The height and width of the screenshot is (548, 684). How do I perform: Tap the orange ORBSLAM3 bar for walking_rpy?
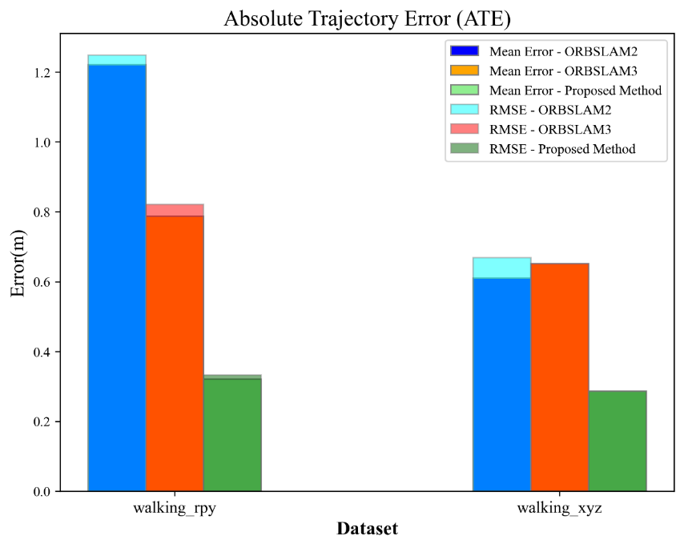pyautogui.click(x=175, y=353)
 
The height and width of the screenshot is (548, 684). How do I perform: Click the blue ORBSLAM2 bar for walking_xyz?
pyautogui.click(x=501, y=385)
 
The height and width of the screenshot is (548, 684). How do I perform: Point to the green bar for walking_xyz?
pyautogui.click(x=617, y=441)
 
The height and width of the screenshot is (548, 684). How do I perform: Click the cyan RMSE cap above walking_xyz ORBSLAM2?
pyautogui.click(x=501, y=268)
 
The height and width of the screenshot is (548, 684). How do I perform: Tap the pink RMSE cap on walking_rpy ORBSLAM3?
pyautogui.click(x=175, y=210)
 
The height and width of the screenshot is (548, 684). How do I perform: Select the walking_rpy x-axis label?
pyautogui.click(x=175, y=508)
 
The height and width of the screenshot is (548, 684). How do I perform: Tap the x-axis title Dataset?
pyautogui.click(x=367, y=529)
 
